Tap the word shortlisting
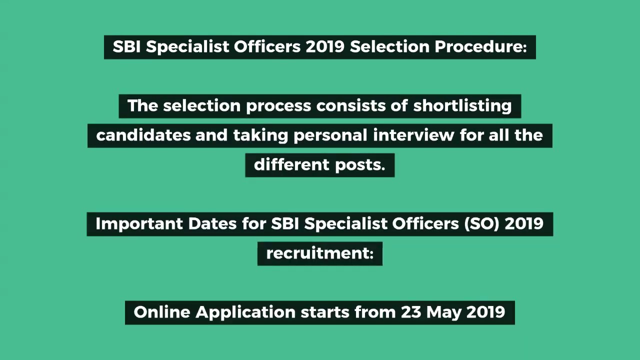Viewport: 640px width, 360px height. click(462, 106)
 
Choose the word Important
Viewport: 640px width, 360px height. click(139, 224)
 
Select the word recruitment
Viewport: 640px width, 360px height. click(319, 253)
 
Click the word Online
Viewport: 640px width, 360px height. click(161, 312)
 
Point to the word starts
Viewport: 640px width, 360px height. click(325, 312)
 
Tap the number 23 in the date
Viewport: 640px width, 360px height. click(411, 312)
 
